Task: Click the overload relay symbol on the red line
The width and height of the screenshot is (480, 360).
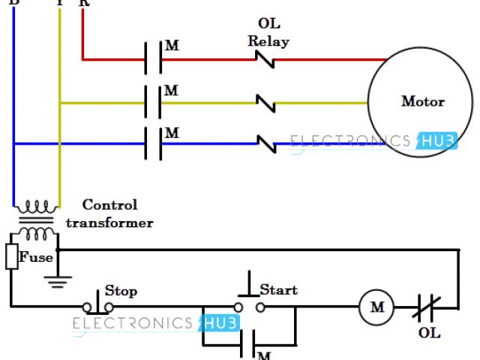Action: pos(265,59)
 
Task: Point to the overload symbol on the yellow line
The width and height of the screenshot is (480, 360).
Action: pos(265,102)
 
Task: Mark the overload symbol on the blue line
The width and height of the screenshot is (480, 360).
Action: pos(265,142)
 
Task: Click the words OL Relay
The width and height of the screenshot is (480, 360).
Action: pos(268,33)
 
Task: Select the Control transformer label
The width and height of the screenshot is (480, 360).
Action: pos(109,214)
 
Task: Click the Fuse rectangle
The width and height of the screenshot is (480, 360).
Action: pos(13,256)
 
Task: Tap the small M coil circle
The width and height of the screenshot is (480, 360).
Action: pos(377,307)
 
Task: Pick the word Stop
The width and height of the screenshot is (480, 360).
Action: pos(121,290)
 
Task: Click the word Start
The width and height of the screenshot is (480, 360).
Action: pos(278,289)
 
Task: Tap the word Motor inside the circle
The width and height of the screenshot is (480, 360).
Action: pos(423,101)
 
